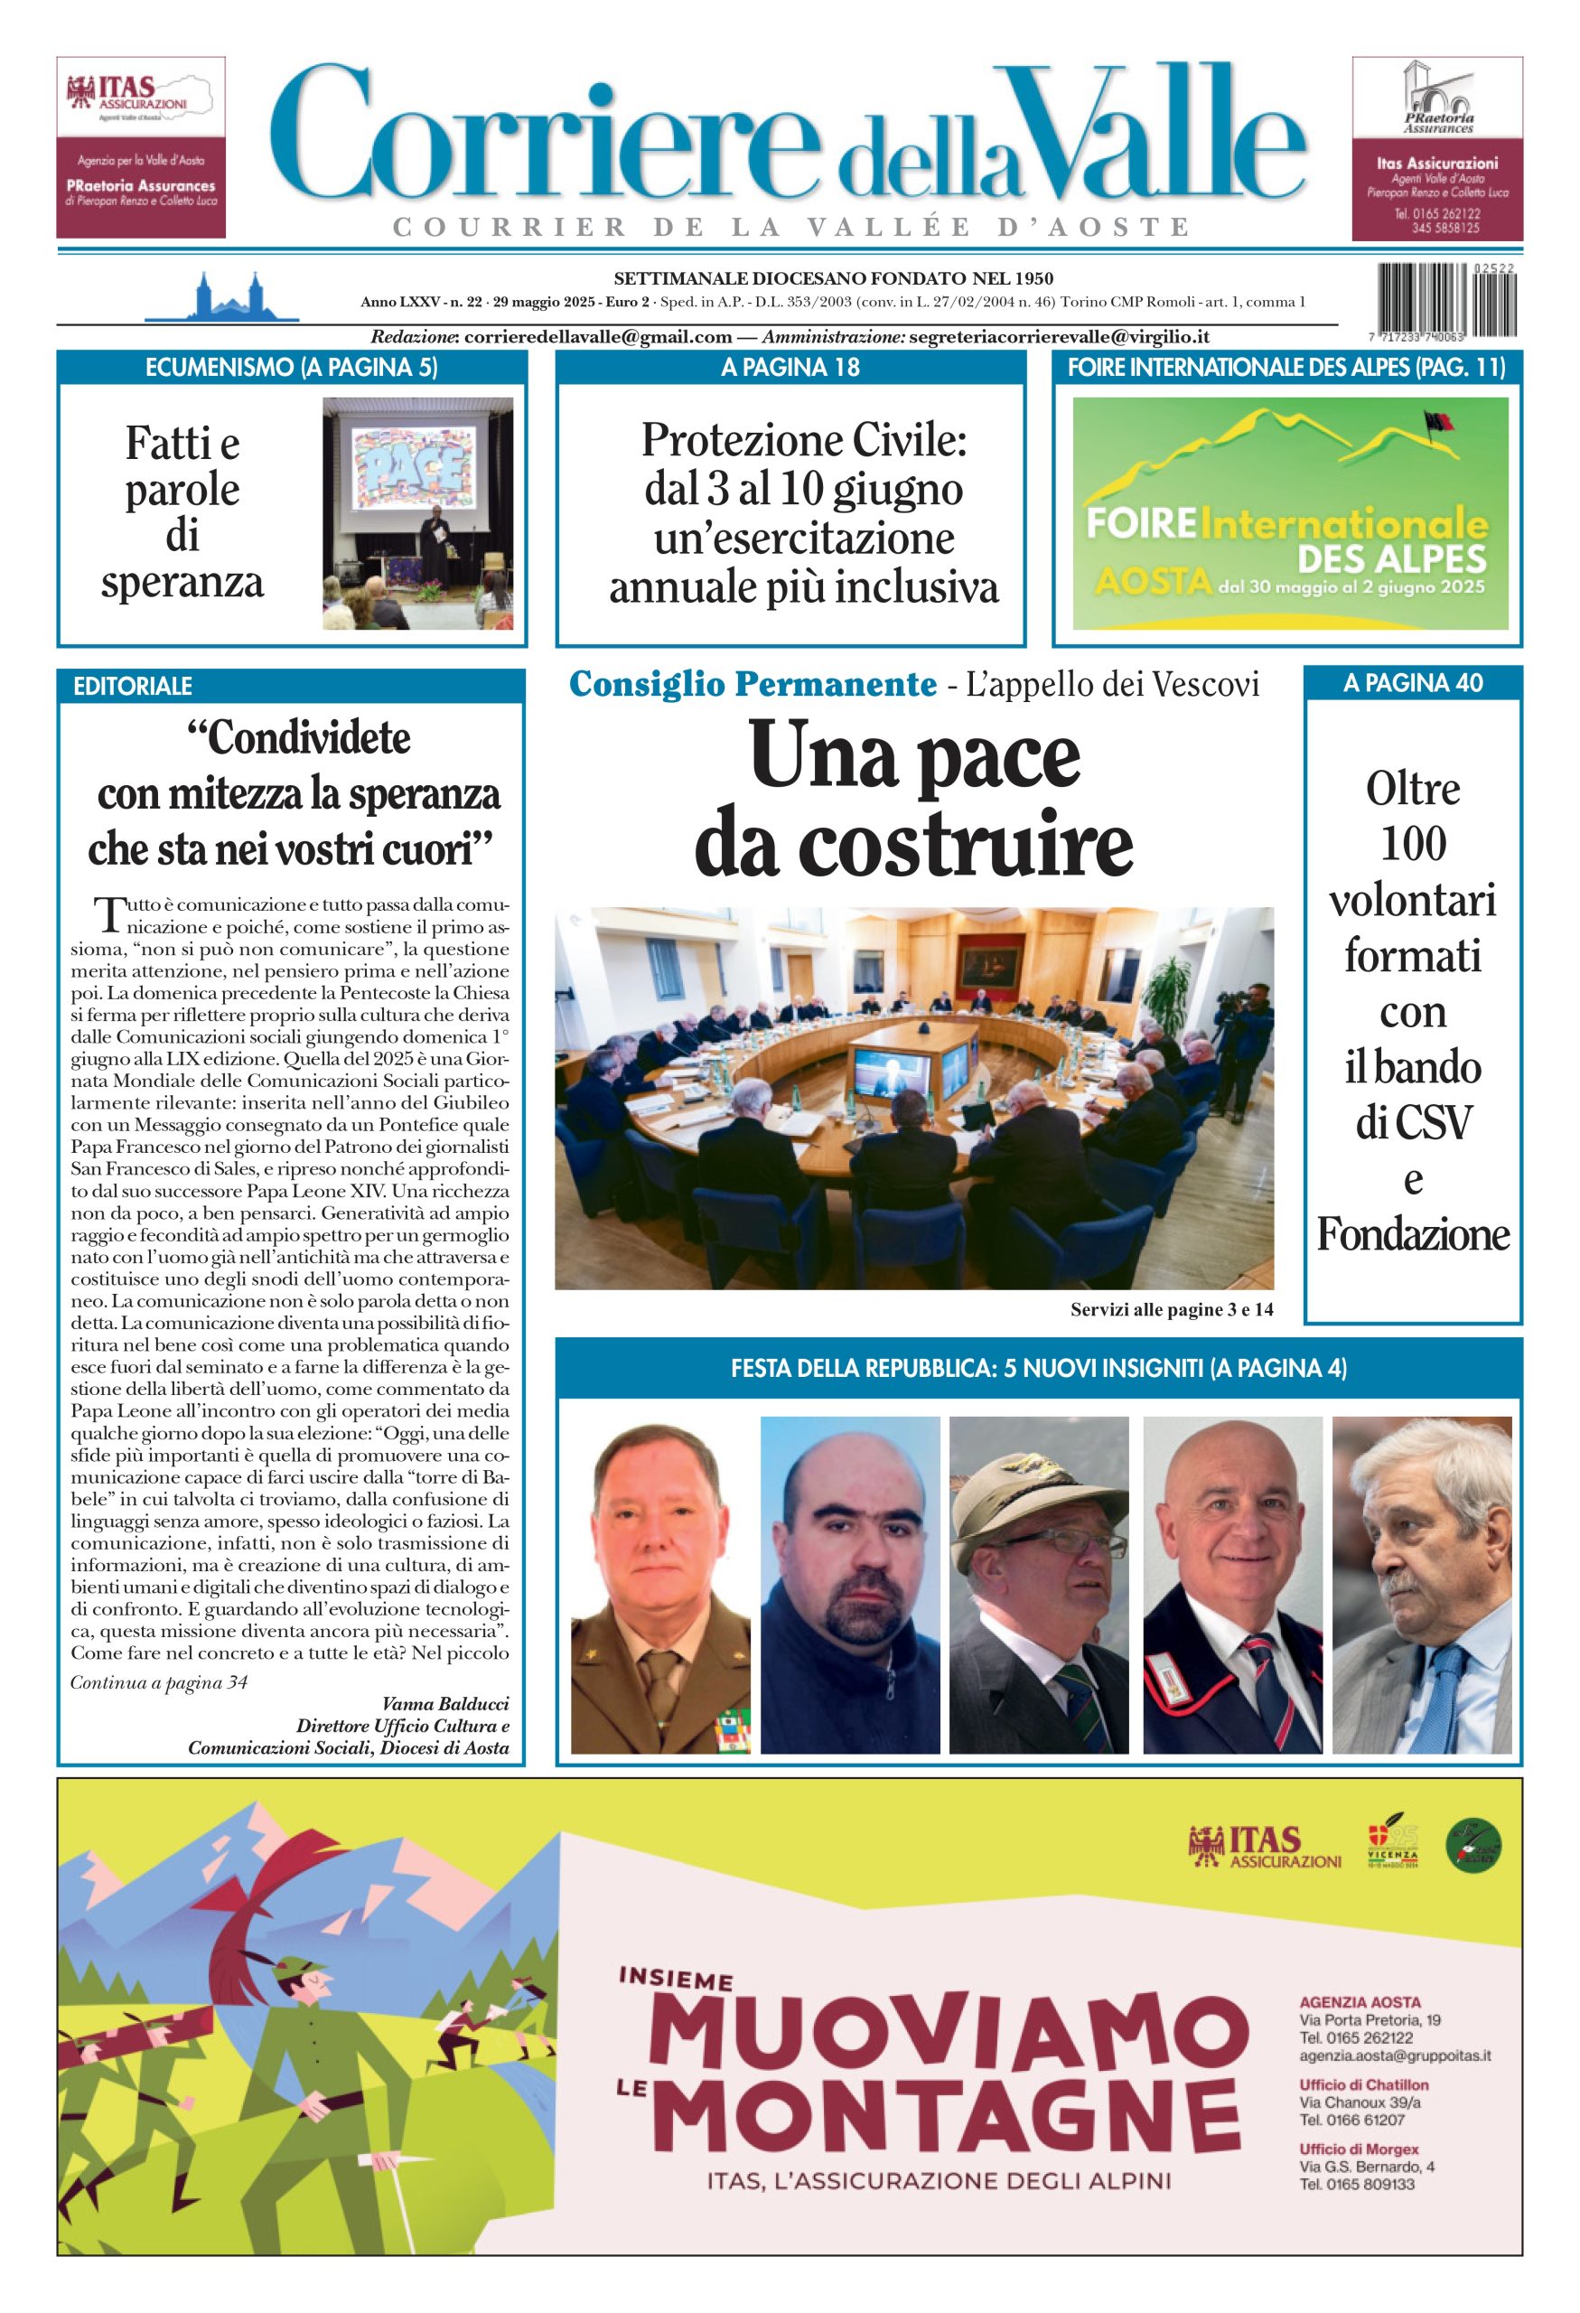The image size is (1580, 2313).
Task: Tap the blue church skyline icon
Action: [222, 295]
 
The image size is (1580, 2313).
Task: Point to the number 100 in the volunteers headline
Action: [1413, 844]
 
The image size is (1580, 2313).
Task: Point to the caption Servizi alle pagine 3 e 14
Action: [1171, 1310]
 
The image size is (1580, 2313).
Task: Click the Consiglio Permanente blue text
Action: [753, 685]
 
